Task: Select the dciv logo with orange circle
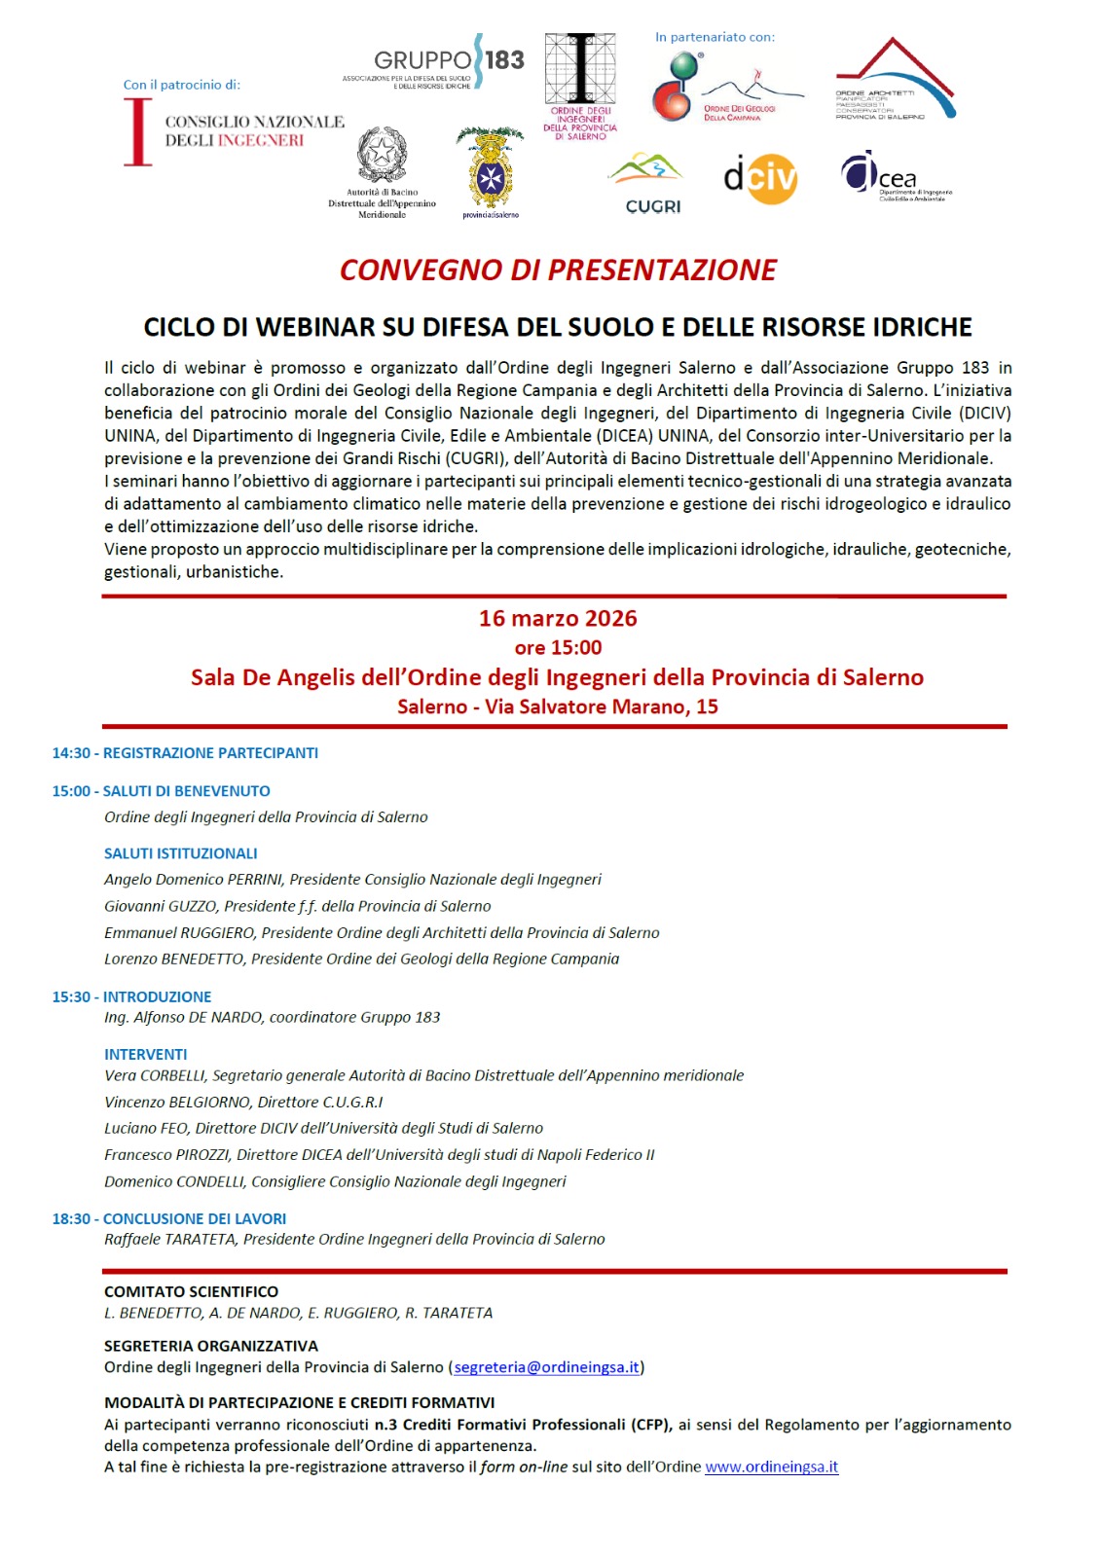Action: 760,178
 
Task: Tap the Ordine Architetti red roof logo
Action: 894,81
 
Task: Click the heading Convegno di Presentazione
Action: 558,270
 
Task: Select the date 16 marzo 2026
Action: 558,618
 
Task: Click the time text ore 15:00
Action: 558,647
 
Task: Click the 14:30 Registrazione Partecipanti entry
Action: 185,753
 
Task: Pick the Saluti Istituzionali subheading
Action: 181,853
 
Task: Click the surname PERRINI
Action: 254,880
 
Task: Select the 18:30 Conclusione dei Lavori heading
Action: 169,1218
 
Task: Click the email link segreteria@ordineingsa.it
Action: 547,1367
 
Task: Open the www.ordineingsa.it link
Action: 771,1466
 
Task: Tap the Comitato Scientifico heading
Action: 192,1291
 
